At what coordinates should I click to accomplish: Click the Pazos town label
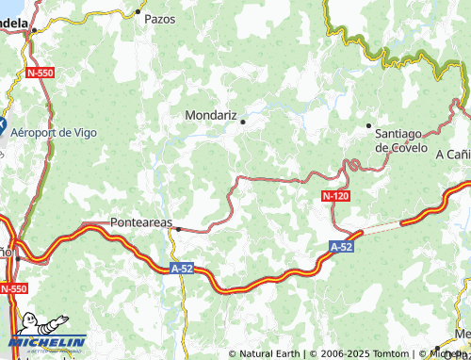tap(160, 18)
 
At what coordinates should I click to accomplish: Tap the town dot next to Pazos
tap(138, 11)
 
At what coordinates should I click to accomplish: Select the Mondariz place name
tap(209, 114)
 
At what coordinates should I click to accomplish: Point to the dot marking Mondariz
tap(242, 122)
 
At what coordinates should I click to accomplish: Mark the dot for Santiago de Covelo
tap(368, 125)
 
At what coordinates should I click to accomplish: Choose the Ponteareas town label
tap(141, 221)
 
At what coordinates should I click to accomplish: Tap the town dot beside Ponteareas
tap(177, 228)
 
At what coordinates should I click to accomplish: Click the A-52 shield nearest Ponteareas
tap(185, 268)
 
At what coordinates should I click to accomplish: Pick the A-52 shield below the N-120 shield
tap(342, 246)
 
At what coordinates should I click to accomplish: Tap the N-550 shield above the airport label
tap(41, 72)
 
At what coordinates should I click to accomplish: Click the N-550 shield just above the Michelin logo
tap(12, 288)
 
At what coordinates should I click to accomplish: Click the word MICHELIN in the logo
tap(47, 341)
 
